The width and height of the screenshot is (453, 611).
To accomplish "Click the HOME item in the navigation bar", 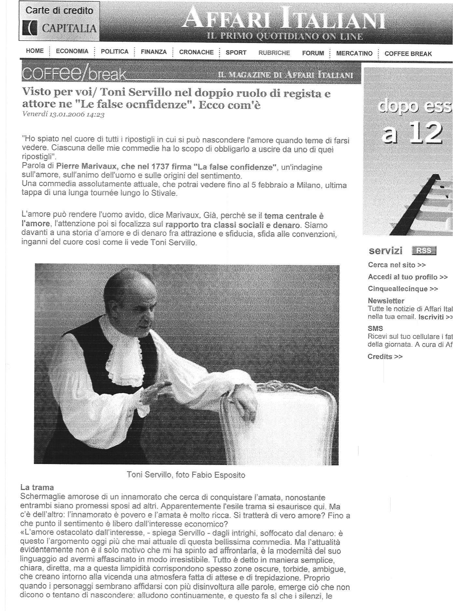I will click(35, 51).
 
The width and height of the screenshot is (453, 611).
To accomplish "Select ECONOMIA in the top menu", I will click(72, 51).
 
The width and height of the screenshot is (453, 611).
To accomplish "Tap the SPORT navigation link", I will click(236, 52).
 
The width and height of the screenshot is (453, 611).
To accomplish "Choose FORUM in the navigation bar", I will click(313, 53).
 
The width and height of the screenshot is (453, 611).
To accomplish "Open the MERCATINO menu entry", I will click(354, 53).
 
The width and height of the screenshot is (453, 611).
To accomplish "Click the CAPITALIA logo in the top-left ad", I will click(60, 28).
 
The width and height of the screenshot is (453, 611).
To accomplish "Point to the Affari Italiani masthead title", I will click(283, 21).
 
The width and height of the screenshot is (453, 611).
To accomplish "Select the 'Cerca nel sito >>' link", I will click(397, 265).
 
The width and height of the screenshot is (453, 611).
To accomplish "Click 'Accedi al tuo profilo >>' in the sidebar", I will click(408, 277).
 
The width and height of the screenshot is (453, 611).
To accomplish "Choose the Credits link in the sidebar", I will click(385, 356).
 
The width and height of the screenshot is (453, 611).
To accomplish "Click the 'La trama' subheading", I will click(37, 487).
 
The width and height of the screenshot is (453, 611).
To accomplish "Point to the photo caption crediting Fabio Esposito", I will click(186, 475).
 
